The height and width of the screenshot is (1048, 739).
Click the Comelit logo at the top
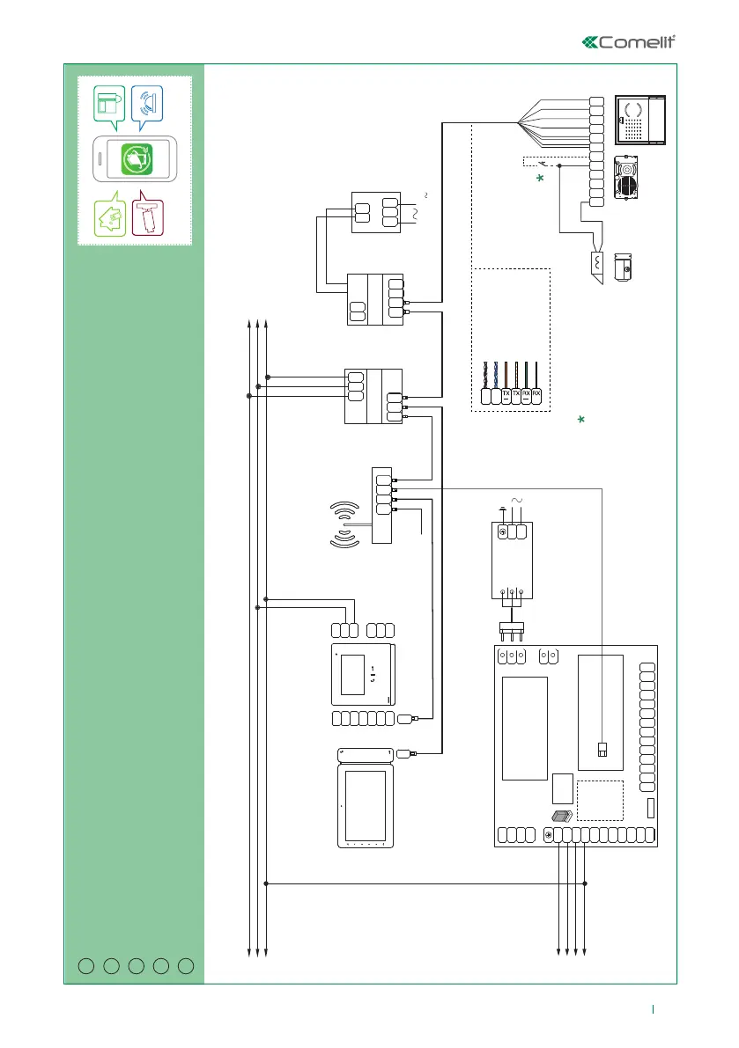point(632,42)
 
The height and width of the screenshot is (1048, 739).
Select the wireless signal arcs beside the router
point(345,526)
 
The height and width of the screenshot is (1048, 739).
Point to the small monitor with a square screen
point(363,675)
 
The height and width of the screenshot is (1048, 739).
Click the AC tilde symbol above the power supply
point(517,501)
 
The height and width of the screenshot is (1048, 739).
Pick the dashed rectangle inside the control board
point(600,800)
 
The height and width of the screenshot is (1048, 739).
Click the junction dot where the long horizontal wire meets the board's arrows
point(586,883)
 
